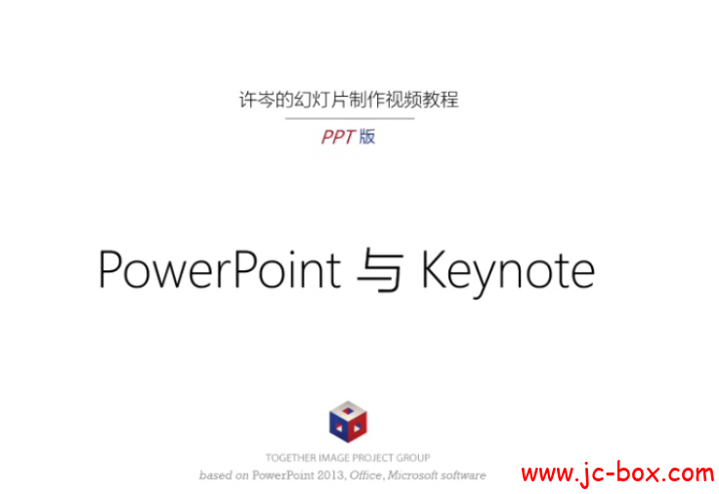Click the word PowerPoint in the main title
click(220, 268)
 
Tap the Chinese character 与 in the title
click(380, 270)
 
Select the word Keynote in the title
click(507, 270)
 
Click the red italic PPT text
click(337, 138)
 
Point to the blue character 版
click(367, 137)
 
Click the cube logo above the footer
click(348, 421)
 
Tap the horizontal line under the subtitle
click(349, 118)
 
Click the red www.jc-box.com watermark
click(616, 474)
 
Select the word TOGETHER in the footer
click(289, 458)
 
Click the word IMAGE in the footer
click(332, 458)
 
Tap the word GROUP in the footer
click(415, 458)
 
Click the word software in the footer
click(463, 475)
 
